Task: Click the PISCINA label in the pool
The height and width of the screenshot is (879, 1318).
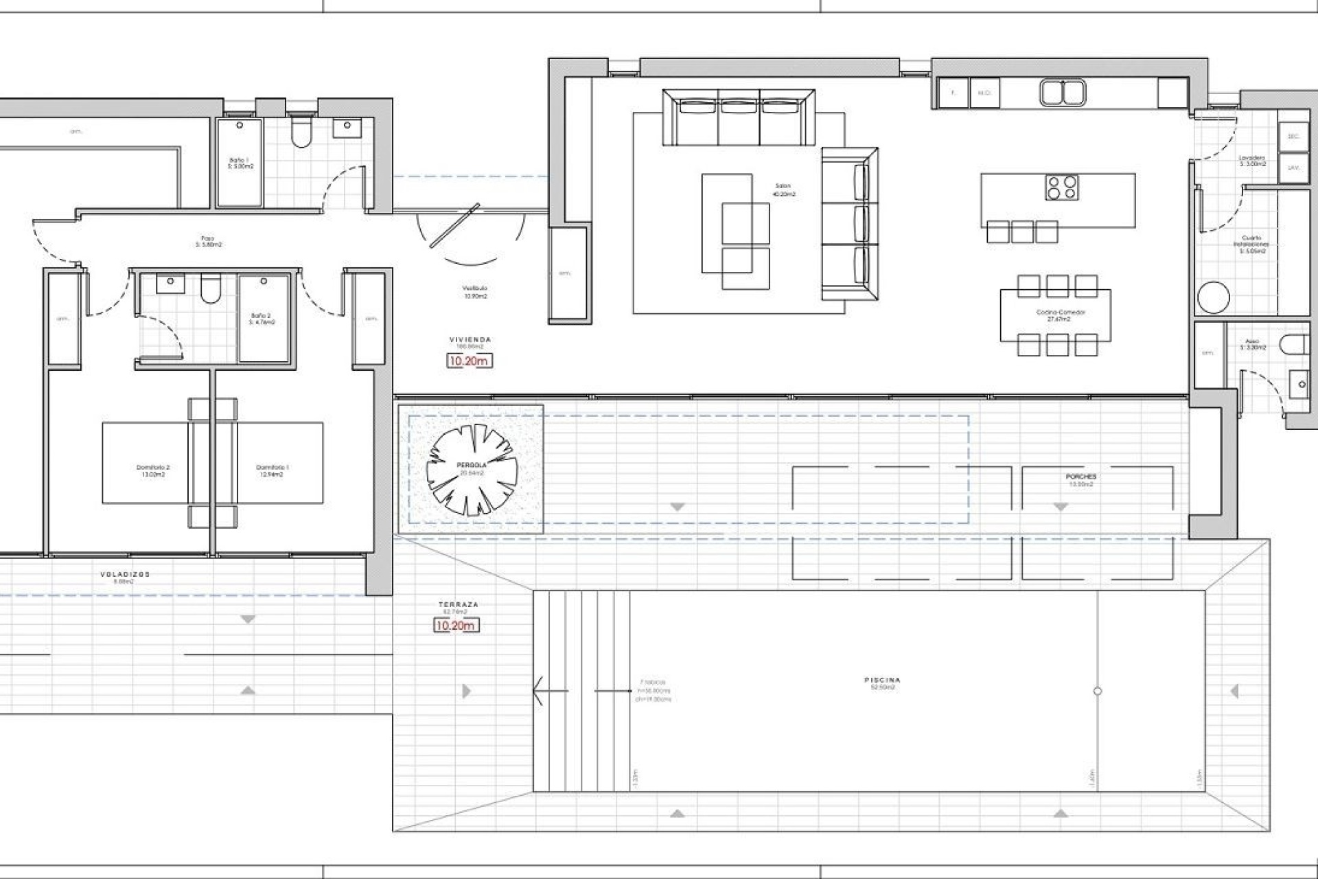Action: click(882, 681)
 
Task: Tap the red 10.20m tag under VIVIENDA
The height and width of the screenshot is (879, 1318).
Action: click(470, 361)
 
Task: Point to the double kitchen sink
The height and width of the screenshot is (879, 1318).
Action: click(1062, 92)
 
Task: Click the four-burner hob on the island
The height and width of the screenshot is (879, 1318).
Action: click(1062, 187)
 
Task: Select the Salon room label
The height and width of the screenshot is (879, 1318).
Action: click(783, 186)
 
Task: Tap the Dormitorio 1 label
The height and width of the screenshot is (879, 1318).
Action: click(273, 468)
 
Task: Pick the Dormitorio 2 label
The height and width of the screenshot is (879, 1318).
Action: click(152, 468)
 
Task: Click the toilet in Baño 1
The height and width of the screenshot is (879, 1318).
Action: click(300, 135)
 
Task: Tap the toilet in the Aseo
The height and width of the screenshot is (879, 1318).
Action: click(1293, 345)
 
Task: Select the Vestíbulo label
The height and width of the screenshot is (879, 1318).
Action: click(474, 288)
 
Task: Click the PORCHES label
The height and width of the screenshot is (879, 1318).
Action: click(1081, 477)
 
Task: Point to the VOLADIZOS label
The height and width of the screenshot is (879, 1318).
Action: click(125, 574)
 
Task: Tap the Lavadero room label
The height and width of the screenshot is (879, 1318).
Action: click(1253, 158)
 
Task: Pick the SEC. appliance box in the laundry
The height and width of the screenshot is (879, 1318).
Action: click(1293, 137)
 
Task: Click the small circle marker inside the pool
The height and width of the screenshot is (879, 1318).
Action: click(1097, 691)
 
